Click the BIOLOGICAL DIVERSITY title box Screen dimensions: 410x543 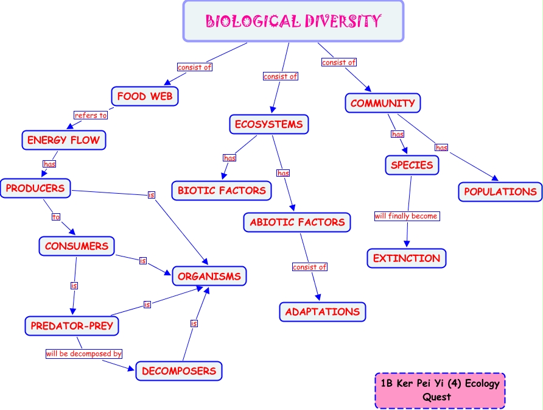pos(293,21)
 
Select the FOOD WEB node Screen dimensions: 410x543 pos(145,96)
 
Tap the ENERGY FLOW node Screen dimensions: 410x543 pos(63,140)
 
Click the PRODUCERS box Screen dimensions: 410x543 pos(35,188)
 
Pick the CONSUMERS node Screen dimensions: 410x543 pos(77,246)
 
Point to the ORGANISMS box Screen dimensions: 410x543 pos(209,276)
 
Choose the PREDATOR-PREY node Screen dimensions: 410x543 pos(72,326)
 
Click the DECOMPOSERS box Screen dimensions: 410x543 pos(179,370)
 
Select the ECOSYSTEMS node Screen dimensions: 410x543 pos(269,124)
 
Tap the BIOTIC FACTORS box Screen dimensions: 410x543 pos(222,191)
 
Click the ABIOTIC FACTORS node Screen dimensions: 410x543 pos(298,222)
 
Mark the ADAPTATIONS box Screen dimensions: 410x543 pos(323,311)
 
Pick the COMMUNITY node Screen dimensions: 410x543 pos(383,103)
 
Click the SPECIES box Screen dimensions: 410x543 pos(412,164)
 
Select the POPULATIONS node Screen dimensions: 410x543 pos(500,191)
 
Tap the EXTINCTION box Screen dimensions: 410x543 pos(407,258)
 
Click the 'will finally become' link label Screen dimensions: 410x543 pos(406,216)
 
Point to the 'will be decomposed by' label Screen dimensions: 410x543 pos(84,353)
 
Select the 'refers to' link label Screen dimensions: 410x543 pos(91,115)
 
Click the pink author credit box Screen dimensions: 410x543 pos(440,391)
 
